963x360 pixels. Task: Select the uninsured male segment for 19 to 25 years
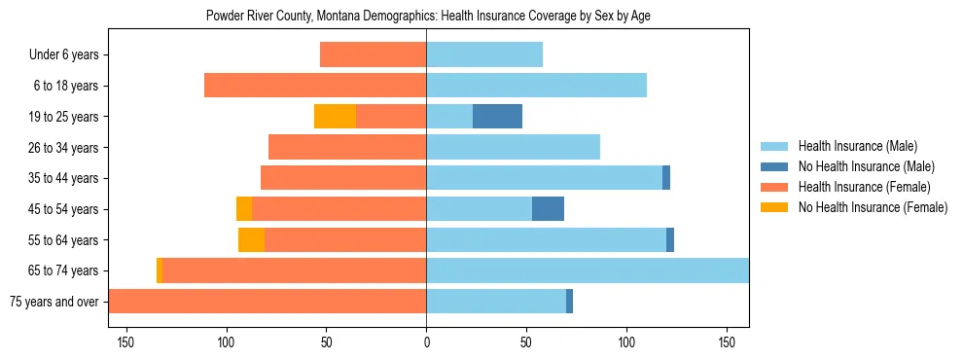coord(497,117)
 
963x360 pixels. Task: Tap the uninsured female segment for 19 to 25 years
coord(335,117)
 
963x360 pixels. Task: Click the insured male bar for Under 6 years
coord(484,55)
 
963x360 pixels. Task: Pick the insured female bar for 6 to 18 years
coord(315,86)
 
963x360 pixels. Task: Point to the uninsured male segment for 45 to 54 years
coord(548,209)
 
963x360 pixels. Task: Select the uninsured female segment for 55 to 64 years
coord(251,240)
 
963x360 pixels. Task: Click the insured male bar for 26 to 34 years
coord(513,148)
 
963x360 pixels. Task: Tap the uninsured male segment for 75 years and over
coord(569,302)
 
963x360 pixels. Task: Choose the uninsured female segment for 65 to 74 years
coord(159,270)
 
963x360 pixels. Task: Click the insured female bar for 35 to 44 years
coord(343,178)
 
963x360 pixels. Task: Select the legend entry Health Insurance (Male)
coord(857,146)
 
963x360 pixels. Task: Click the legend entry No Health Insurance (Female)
coord(873,207)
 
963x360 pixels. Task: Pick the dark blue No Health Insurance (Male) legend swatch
coord(774,166)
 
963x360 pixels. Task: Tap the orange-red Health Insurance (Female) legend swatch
coord(774,187)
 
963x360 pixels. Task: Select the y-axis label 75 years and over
coord(53,302)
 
